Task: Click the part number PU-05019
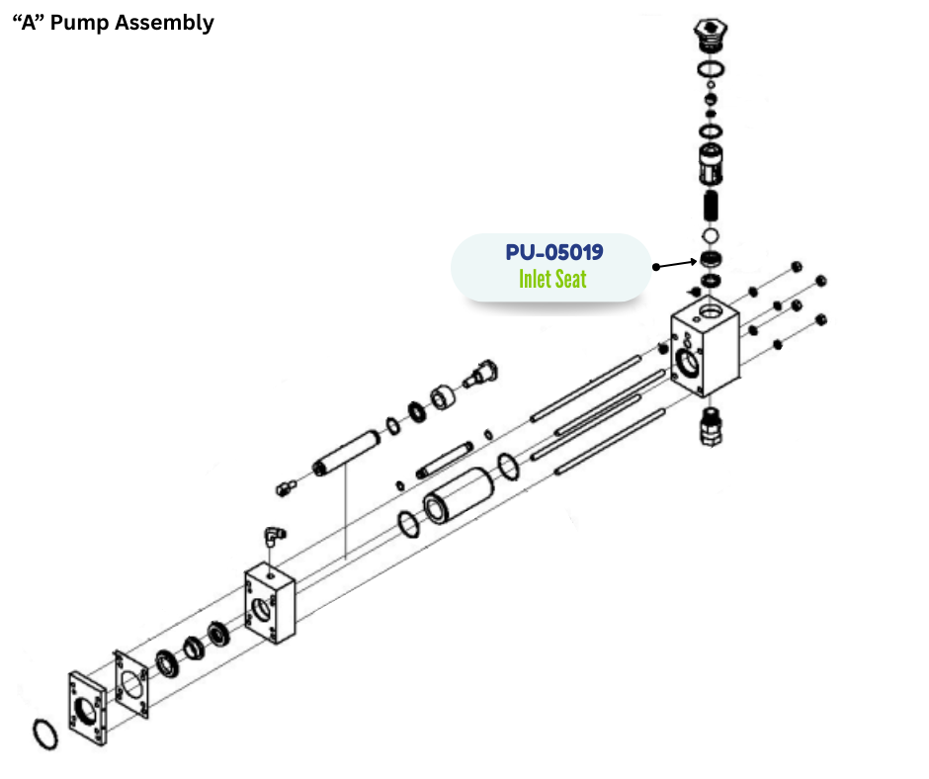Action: pyautogui.click(x=554, y=252)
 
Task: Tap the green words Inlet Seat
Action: pyautogui.click(x=552, y=279)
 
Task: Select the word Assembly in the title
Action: pyautogui.click(x=164, y=24)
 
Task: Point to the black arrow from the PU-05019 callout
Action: pyautogui.click(x=675, y=264)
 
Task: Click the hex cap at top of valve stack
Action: pyautogui.click(x=711, y=33)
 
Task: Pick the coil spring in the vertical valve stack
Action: pyautogui.click(x=711, y=206)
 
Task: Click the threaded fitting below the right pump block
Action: pyautogui.click(x=711, y=427)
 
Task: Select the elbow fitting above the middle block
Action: pyautogui.click(x=274, y=536)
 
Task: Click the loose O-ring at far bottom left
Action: pyautogui.click(x=45, y=735)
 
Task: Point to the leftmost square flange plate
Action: pyautogui.click(x=88, y=709)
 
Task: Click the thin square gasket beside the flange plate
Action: pyautogui.click(x=130, y=684)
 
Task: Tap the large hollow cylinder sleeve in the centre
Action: pyautogui.click(x=460, y=495)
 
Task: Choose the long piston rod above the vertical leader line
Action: pyautogui.click(x=346, y=454)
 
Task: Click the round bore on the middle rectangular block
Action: pyautogui.click(x=262, y=609)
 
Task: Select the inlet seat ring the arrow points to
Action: pyautogui.click(x=711, y=259)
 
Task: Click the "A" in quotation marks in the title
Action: pyautogui.click(x=29, y=23)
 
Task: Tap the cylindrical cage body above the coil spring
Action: pyautogui.click(x=711, y=164)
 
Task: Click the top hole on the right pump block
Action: pyautogui.click(x=710, y=311)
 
